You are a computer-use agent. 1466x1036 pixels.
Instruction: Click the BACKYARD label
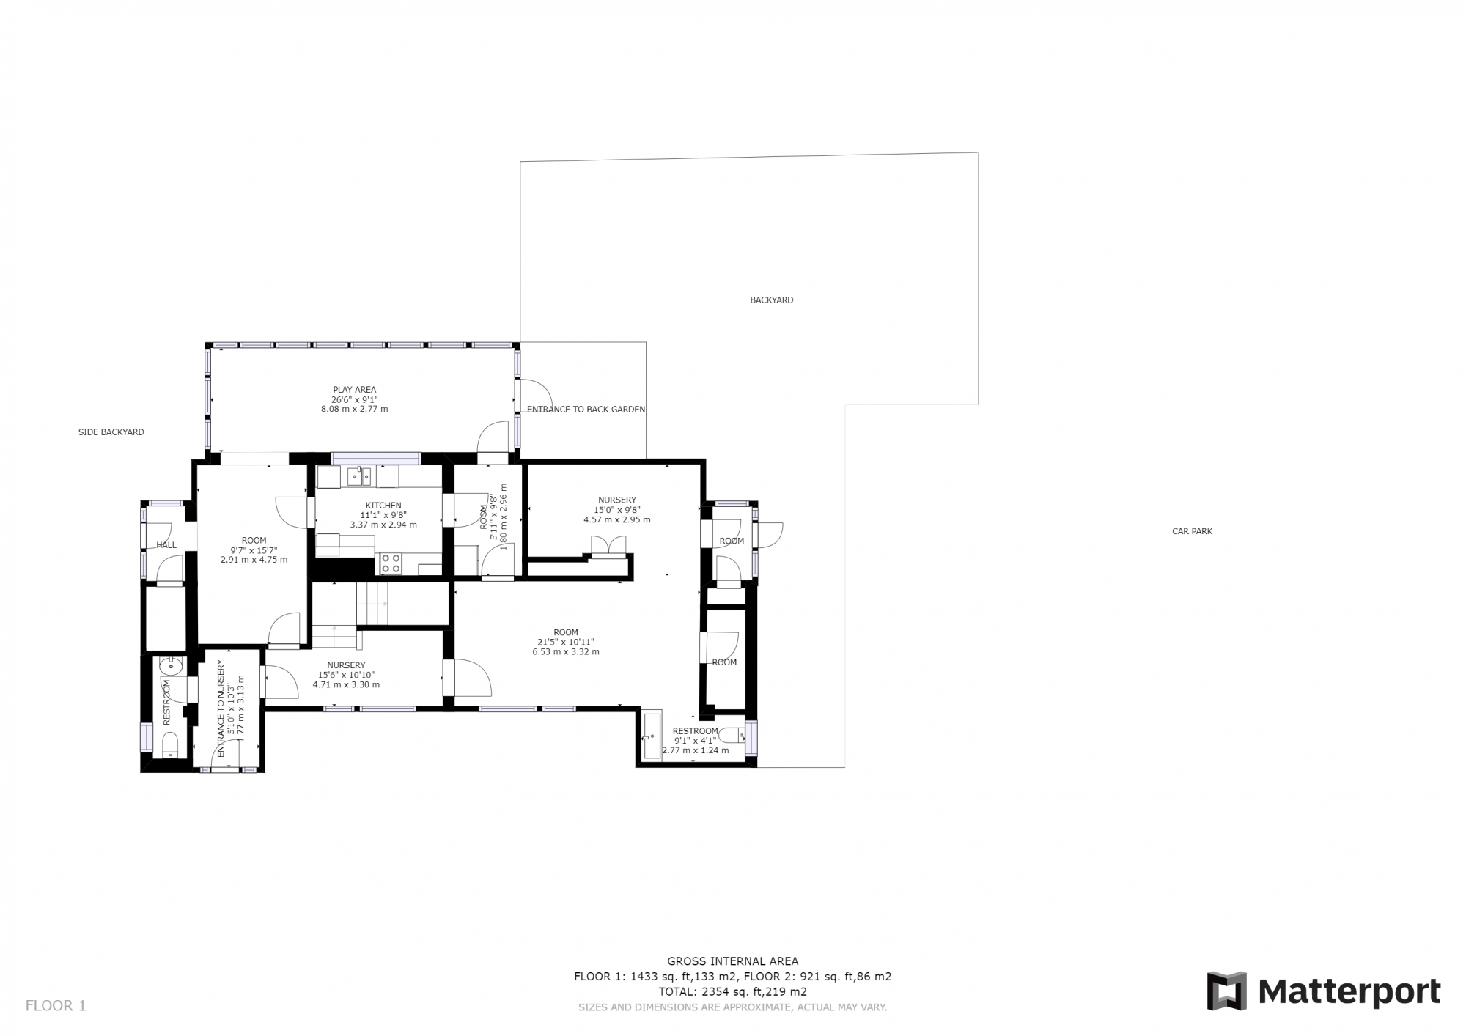(771, 300)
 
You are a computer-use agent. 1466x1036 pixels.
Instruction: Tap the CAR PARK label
(1192, 531)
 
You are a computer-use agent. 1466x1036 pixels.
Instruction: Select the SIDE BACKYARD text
(111, 432)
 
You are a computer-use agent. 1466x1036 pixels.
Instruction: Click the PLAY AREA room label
(355, 390)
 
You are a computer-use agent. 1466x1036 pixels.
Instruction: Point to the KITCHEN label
(383, 506)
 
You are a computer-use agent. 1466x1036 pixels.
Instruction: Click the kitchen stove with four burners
(391, 563)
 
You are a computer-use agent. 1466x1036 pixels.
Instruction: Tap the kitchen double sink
(360, 476)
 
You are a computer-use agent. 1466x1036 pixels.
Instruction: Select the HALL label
(166, 545)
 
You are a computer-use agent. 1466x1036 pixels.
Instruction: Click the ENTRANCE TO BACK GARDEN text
(586, 410)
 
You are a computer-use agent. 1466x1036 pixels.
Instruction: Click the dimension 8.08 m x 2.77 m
(355, 409)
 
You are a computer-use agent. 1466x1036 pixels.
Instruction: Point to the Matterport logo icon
(1227, 991)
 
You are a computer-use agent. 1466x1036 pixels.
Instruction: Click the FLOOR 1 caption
(56, 1006)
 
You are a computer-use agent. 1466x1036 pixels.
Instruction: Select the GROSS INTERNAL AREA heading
(733, 961)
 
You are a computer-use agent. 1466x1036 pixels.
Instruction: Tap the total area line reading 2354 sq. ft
(733, 992)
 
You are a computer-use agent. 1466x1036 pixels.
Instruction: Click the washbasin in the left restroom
(171, 667)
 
